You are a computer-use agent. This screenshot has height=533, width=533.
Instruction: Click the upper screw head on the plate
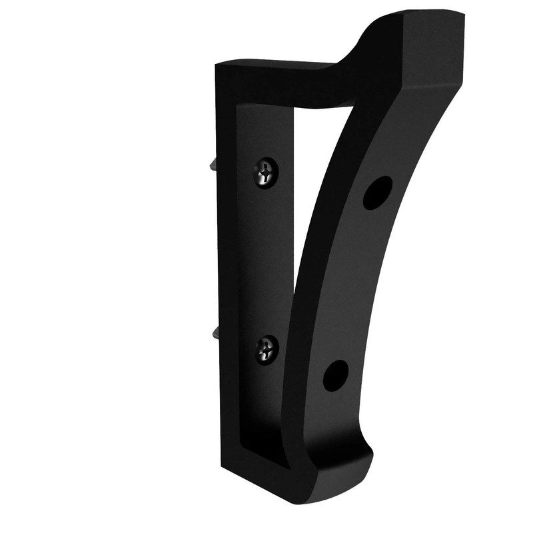coord(268,172)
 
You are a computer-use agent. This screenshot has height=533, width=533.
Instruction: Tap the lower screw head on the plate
coord(268,348)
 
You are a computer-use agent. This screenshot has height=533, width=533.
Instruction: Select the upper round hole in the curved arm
coord(377,193)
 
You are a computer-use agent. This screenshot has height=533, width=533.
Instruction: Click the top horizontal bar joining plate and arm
coord(280,83)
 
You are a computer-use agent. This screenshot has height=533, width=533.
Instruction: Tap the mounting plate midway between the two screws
coord(266,260)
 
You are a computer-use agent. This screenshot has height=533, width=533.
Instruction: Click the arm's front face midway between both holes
coord(353,286)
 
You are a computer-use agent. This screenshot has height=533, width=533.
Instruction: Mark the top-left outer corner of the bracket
coord(217,64)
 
